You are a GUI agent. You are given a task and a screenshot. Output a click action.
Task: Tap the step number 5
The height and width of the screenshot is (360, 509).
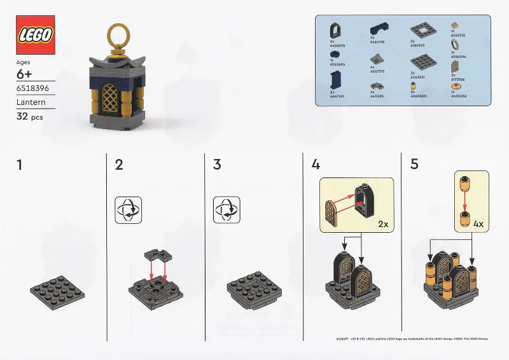pyautogui.click(x=414, y=165)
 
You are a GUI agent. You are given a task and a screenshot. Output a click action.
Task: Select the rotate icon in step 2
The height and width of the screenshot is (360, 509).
pyautogui.click(x=128, y=210)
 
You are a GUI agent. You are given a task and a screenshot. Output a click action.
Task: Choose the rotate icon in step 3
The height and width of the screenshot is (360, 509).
pyautogui.click(x=227, y=210)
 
